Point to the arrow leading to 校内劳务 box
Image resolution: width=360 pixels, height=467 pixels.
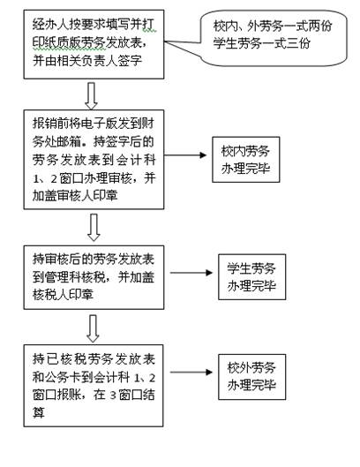(x=186, y=159)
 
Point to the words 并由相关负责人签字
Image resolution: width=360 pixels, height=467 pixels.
(x=95, y=60)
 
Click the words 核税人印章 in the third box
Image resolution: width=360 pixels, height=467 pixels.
(x=66, y=291)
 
